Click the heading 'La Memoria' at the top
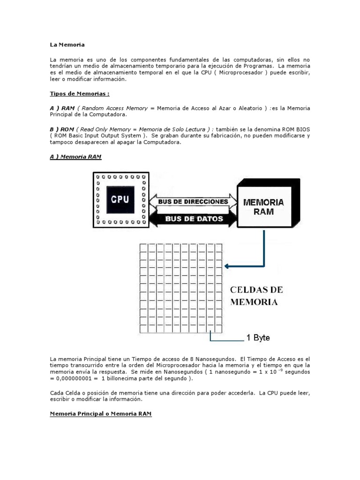click(x=67, y=45)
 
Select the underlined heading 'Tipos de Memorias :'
click(x=79, y=93)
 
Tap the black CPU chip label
click(x=120, y=199)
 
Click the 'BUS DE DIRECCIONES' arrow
click(x=193, y=202)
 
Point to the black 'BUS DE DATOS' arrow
click(x=193, y=218)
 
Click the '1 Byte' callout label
click(x=258, y=337)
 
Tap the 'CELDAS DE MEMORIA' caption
click(x=256, y=296)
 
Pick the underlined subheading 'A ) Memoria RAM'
click(x=75, y=157)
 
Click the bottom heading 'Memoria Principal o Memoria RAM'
click(x=101, y=414)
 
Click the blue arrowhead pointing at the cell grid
click(x=228, y=266)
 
